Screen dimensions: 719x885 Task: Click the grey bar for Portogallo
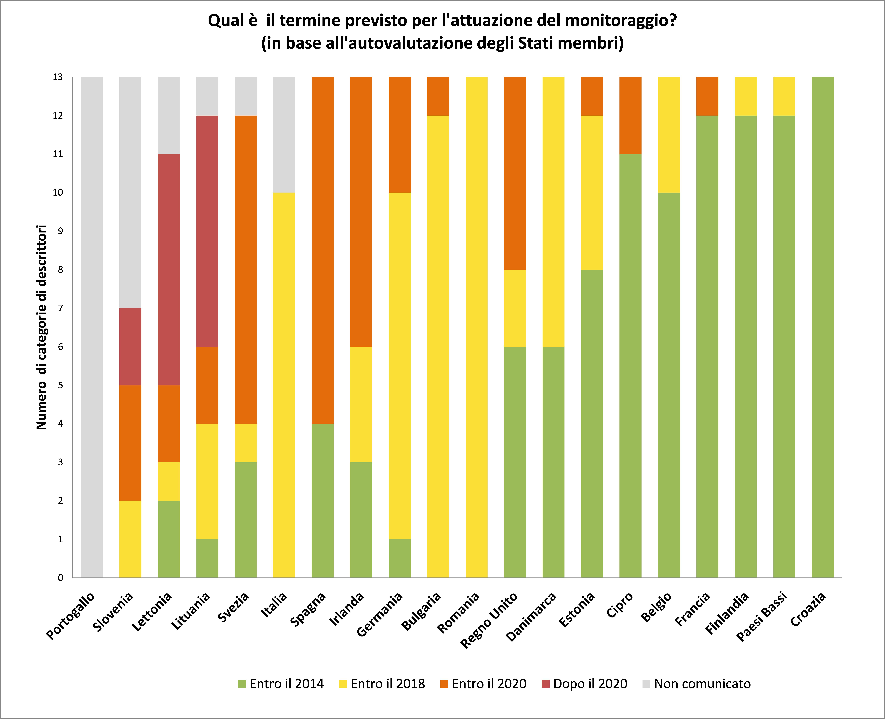point(92,327)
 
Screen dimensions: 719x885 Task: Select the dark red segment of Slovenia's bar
point(130,347)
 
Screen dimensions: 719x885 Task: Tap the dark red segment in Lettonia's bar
point(169,270)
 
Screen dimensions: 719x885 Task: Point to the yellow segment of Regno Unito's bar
point(515,308)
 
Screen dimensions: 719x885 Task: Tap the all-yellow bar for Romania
point(476,327)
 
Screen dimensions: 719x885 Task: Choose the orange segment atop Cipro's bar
point(630,115)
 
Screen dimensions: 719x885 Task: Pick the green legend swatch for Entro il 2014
point(242,684)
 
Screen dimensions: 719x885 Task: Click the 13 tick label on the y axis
point(58,77)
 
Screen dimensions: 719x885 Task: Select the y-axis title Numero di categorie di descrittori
point(41,327)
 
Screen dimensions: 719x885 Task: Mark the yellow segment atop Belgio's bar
point(669,135)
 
